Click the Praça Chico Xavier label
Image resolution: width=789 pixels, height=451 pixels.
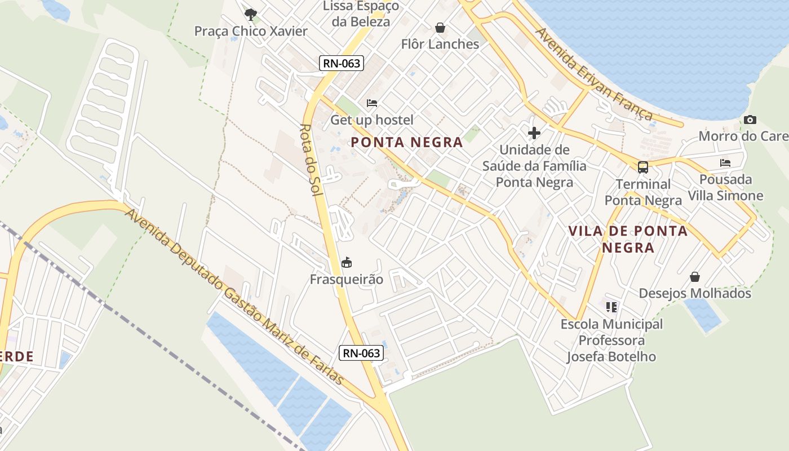(251, 31)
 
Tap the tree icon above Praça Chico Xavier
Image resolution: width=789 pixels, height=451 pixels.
(251, 14)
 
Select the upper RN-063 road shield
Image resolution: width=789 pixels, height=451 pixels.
(342, 63)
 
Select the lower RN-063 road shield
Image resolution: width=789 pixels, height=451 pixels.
(362, 353)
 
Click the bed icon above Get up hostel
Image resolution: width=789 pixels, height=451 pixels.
(372, 103)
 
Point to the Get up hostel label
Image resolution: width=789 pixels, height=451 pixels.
(372, 120)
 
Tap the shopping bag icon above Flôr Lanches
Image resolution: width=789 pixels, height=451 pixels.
(440, 28)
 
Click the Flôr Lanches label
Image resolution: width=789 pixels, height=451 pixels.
(440, 44)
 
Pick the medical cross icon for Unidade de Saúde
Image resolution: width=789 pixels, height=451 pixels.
(534, 133)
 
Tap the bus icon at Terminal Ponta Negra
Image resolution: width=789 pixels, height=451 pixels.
(643, 167)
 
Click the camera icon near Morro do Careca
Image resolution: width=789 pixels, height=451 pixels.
(750, 120)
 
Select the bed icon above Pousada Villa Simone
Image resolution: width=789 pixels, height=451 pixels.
(725, 163)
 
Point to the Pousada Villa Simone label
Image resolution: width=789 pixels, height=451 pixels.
(725, 188)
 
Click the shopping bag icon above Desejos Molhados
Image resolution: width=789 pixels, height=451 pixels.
(695, 277)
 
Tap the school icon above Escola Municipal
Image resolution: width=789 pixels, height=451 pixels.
(611, 307)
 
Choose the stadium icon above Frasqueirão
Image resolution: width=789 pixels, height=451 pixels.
(347, 263)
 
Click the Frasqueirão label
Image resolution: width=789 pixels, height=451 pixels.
(347, 280)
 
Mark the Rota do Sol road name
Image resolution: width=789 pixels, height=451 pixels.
(311, 160)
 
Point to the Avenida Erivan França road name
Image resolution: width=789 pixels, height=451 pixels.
(594, 74)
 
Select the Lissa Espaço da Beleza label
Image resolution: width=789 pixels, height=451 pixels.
(361, 14)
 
